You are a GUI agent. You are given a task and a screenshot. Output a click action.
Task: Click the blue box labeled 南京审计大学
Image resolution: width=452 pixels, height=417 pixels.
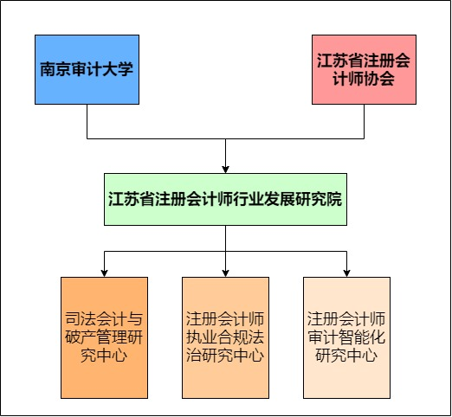point(87,69)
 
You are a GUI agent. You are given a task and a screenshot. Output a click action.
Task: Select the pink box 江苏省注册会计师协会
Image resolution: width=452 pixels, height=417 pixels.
point(364,69)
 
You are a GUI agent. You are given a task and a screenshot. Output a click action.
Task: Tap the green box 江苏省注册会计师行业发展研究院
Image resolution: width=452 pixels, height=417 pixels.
point(225,199)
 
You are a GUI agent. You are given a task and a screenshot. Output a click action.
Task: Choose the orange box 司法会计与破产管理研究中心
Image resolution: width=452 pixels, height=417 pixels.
point(104,337)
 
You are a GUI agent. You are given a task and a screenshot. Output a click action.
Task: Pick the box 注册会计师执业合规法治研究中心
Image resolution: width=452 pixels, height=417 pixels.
point(225,337)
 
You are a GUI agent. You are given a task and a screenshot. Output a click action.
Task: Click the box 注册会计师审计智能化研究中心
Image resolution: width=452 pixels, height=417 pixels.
point(346,337)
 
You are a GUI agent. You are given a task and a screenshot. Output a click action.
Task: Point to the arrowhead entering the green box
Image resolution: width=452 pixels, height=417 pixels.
point(225,170)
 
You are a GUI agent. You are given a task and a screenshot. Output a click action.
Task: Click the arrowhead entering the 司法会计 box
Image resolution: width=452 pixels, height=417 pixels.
point(104,273)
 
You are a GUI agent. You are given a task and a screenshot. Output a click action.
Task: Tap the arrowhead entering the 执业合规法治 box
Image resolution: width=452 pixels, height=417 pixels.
point(225,273)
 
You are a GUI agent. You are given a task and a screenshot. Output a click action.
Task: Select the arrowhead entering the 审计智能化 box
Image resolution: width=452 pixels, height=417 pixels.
point(346,273)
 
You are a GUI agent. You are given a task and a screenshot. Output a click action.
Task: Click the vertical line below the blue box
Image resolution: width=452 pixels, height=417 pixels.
point(87,121)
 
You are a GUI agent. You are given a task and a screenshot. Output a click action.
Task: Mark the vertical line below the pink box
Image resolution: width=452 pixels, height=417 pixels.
point(364,121)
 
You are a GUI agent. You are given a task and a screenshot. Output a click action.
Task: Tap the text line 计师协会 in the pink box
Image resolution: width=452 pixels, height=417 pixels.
point(364,79)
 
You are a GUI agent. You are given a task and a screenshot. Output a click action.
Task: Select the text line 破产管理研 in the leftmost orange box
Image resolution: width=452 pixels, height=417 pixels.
point(104,337)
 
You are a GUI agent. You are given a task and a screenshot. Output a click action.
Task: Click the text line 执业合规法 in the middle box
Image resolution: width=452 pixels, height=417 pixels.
point(225,337)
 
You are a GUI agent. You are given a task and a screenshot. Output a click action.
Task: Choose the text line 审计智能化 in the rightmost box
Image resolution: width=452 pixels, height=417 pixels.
point(346,337)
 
